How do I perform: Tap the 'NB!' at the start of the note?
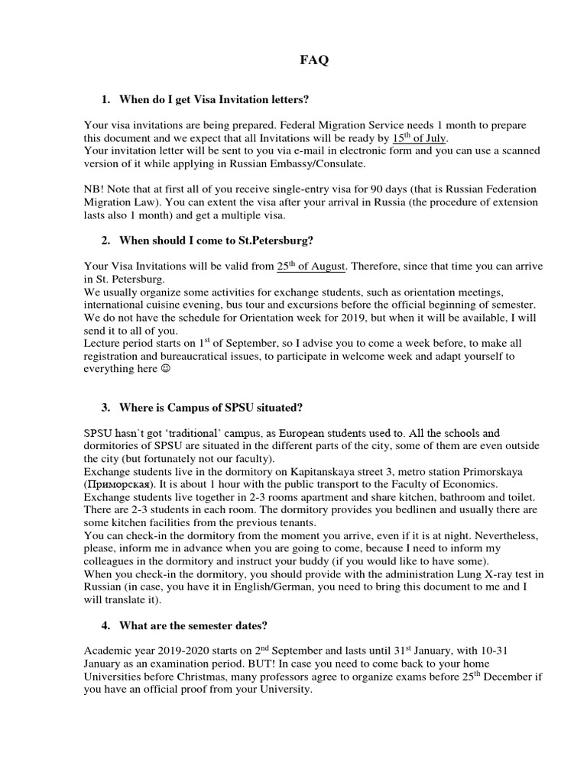coord(95,189)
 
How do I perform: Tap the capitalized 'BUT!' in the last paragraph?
coord(293,663)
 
